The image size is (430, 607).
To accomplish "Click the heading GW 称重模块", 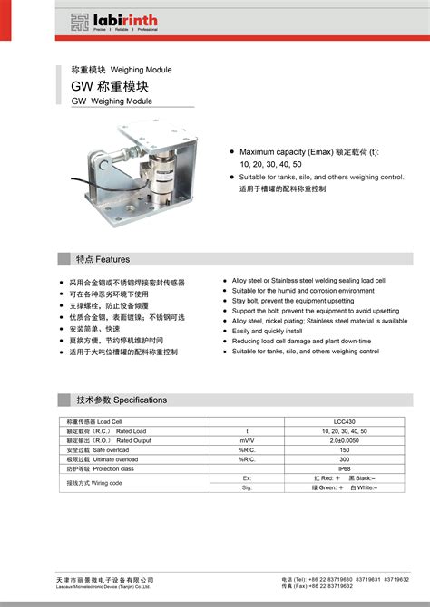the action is [x=110, y=87].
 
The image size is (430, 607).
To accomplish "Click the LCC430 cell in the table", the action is [x=344, y=422].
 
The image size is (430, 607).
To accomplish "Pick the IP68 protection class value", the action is [x=344, y=468].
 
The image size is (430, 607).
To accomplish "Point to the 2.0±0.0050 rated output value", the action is [x=344, y=440].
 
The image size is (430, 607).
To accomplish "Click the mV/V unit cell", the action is [x=247, y=440].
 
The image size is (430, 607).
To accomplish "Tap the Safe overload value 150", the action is [x=344, y=449].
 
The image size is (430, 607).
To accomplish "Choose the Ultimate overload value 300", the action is [x=344, y=459].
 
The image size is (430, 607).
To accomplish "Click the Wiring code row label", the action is [x=95, y=483].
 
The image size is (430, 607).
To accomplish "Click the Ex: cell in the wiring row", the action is [x=247, y=477].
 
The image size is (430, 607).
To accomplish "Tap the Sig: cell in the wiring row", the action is [x=247, y=487].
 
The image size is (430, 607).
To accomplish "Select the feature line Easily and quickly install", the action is [x=267, y=331].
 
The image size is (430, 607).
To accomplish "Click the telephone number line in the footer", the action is [x=345, y=578].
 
